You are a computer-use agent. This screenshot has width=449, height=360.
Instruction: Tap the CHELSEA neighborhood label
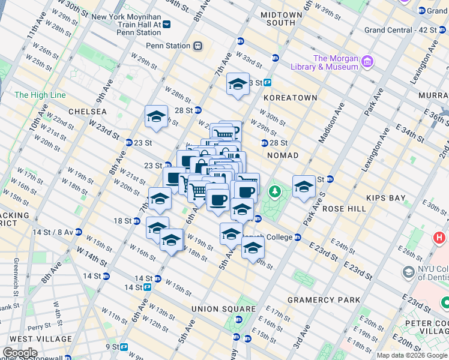[88, 112]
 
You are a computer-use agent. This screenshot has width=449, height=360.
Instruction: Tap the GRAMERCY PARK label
[324, 300]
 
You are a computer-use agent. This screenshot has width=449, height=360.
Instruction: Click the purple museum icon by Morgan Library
[367, 61]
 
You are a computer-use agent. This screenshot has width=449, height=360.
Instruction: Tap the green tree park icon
[275, 191]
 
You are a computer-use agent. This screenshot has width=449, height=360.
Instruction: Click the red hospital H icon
[439, 238]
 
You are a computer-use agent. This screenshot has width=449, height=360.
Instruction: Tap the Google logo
[19, 353]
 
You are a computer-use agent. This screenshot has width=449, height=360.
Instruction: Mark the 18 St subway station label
[123, 221]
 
